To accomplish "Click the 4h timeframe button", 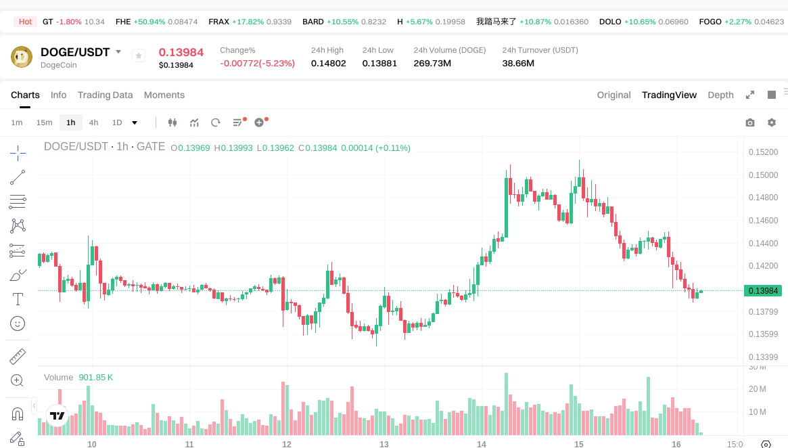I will pos(93,122).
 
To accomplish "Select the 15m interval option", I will pos(44,122).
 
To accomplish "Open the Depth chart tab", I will pos(720,95).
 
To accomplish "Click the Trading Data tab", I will pos(105,95).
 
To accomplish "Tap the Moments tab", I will pos(164,95).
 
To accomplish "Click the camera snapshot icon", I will pos(749,122).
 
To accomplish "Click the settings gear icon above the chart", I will pos(772,122).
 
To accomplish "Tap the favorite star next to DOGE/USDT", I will pos(139,56).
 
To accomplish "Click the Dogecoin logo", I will pos(22,57).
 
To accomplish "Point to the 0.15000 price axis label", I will pos(763,175).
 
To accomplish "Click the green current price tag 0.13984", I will pos(763,291).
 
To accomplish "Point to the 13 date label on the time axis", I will pos(384,445).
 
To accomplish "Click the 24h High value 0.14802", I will pos(328,63).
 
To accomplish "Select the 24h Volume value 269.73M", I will pos(432,63).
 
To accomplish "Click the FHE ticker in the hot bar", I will pos(123,22).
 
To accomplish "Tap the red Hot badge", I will pos(25,22).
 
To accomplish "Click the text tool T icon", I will pos(18,299).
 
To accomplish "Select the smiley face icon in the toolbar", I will pos(18,323).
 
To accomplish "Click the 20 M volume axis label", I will pos(758,388).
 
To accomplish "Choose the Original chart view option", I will pos(613,95).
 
